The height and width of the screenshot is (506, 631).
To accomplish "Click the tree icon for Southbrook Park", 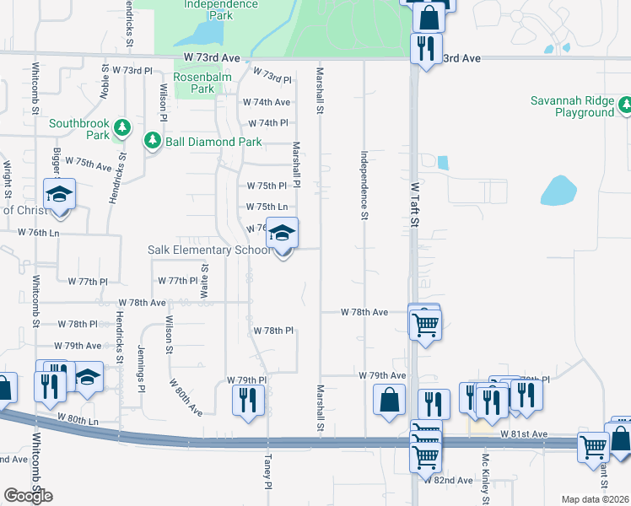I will [x=123, y=128].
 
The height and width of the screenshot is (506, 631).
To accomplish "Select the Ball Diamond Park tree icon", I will [x=153, y=141].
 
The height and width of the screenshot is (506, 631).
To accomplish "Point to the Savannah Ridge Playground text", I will [x=572, y=106].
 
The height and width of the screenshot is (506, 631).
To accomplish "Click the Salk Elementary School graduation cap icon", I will [x=283, y=233].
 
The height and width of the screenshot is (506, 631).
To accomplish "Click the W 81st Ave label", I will [x=524, y=434].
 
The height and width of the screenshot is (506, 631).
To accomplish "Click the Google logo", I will [x=28, y=496].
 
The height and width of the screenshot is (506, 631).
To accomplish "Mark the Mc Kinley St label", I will [x=486, y=473].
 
